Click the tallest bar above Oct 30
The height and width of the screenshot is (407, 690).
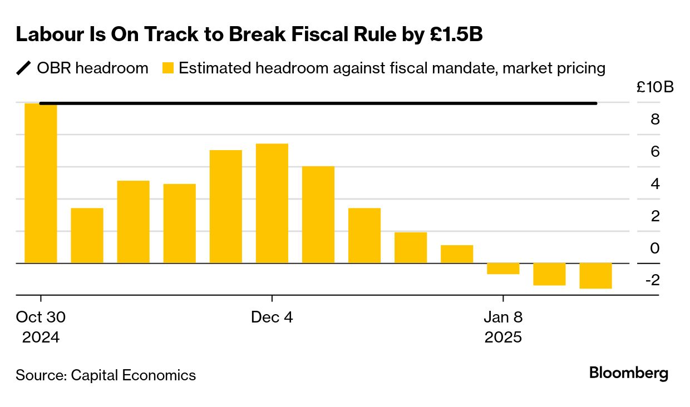click(x=41, y=183)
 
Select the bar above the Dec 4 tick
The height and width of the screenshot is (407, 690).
click(x=272, y=203)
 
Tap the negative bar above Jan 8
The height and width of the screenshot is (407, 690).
click(x=503, y=269)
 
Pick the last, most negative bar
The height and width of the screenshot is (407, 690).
click(x=595, y=276)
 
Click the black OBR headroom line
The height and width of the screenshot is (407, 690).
click(x=317, y=103)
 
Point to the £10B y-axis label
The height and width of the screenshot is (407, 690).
click(x=655, y=87)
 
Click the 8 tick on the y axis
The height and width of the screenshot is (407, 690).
click(x=655, y=120)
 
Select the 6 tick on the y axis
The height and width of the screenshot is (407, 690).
click(x=655, y=151)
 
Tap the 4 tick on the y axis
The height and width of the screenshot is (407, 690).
click(x=655, y=183)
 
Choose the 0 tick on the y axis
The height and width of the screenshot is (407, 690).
click(x=655, y=248)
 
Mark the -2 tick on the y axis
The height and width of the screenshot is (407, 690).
click(x=652, y=280)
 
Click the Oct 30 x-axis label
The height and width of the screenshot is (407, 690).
click(x=41, y=317)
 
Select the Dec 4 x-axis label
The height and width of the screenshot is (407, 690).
click(x=272, y=317)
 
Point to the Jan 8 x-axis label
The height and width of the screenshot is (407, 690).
click(x=503, y=317)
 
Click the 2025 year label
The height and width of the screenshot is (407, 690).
click(x=503, y=337)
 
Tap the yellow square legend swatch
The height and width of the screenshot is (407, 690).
click(x=168, y=69)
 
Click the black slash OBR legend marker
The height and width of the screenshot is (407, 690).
click(x=23, y=68)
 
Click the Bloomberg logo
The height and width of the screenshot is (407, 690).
click(x=629, y=373)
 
